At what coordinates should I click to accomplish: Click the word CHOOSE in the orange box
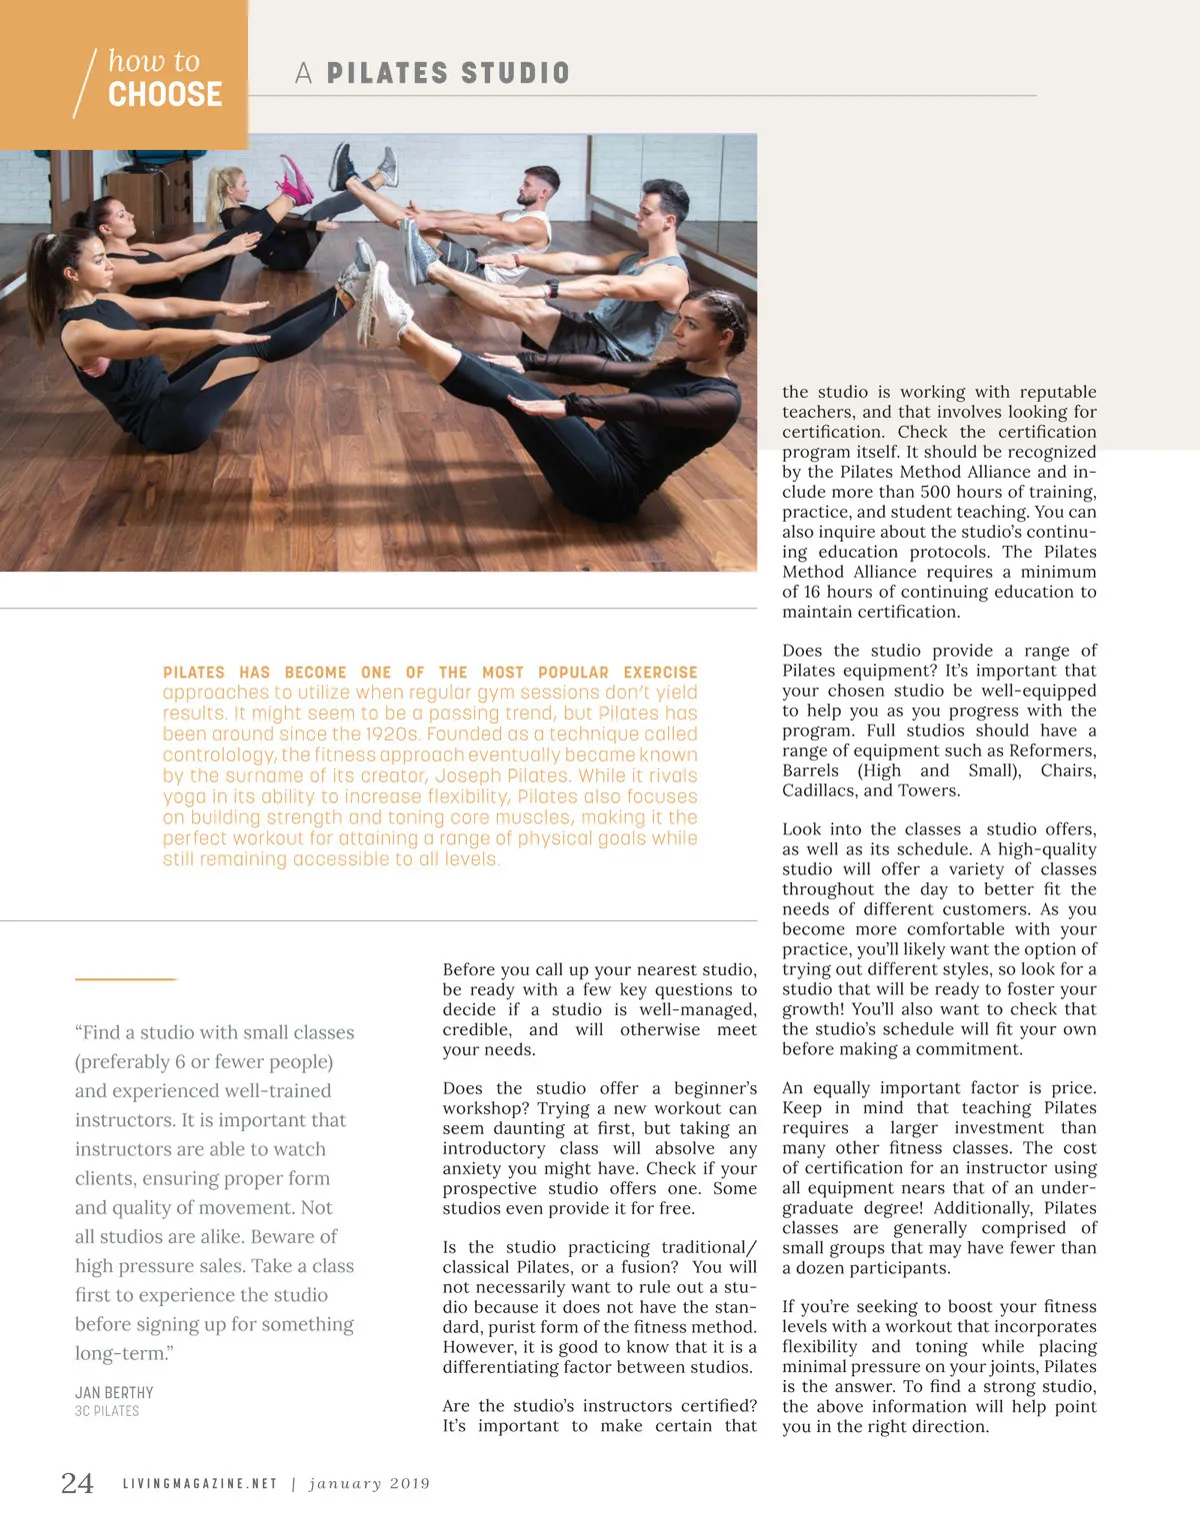pos(165,95)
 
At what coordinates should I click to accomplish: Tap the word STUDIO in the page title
pos(516,73)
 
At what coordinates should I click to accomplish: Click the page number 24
pos(77,1483)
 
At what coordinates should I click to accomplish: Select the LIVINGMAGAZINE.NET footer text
pos(200,1484)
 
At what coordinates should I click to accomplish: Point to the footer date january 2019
pos(369,1484)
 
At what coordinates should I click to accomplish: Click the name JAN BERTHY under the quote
pos(114,1392)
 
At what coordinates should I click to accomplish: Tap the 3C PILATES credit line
pos(107,1411)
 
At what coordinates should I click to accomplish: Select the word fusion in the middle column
pos(649,1267)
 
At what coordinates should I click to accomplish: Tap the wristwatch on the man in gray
pos(552,289)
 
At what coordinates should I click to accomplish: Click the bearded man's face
pos(540,189)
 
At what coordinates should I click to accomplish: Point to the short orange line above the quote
pos(125,979)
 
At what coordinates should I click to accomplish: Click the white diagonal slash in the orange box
pos(85,83)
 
